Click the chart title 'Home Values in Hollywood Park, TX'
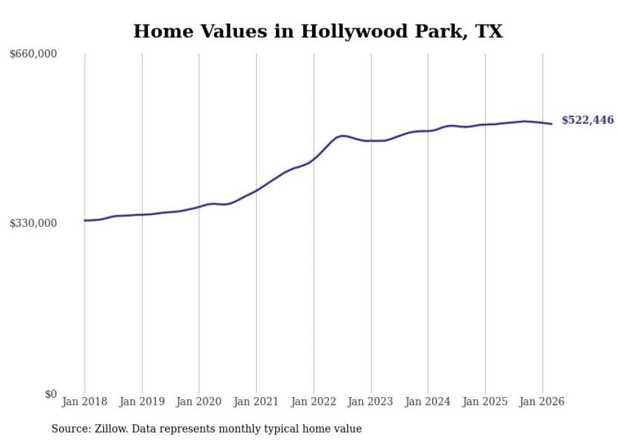[318, 31]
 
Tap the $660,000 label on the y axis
[33, 54]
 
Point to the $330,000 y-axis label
[33, 223]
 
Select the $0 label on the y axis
[51, 394]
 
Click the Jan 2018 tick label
[85, 402]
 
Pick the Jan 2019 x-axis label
[141, 402]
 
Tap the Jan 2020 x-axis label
[199, 402]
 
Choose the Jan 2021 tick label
[256, 402]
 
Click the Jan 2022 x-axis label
[313, 402]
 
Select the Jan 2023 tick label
[371, 402]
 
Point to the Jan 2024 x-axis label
[428, 402]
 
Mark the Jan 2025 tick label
[485, 402]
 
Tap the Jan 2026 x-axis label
[542, 402]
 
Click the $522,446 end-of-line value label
[587, 120]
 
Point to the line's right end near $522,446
[552, 124]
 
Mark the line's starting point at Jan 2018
[85, 221]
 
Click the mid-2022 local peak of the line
[342, 135]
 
